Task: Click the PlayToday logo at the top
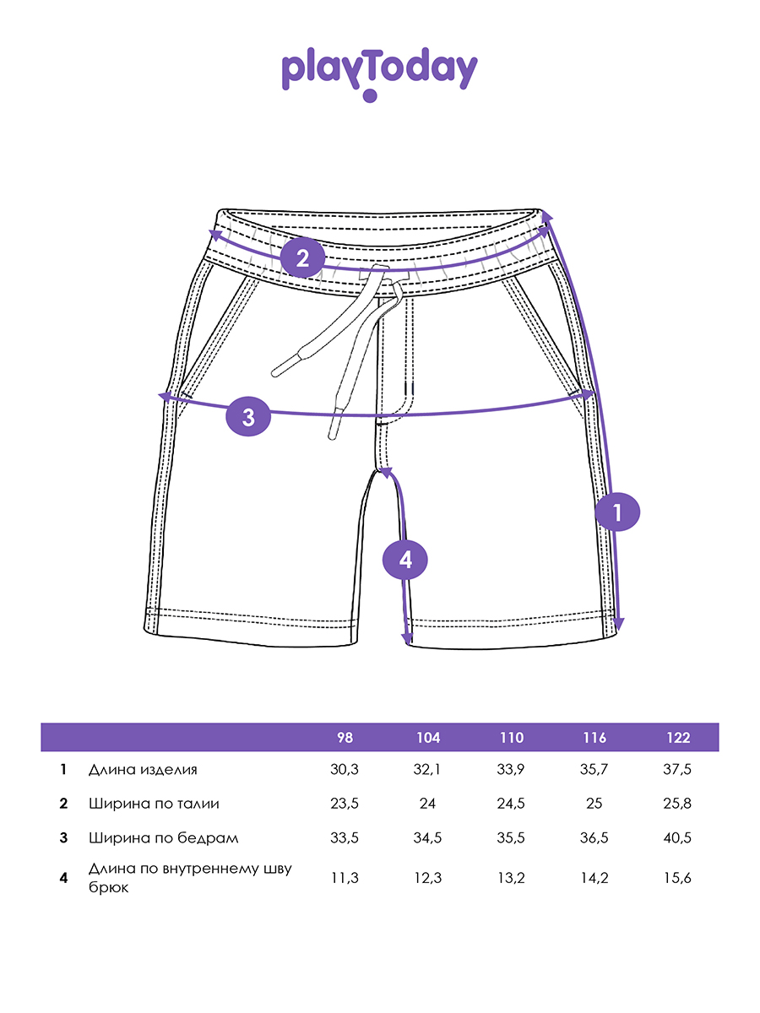(x=379, y=73)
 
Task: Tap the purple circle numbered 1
(x=617, y=512)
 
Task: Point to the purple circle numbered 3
(x=248, y=416)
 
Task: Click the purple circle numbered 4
(x=406, y=559)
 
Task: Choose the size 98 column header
(x=345, y=738)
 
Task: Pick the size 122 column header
(x=677, y=738)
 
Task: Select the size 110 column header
(x=511, y=738)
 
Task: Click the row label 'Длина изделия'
(x=143, y=770)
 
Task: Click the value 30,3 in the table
(x=345, y=770)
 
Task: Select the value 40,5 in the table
(x=677, y=838)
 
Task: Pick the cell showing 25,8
(x=677, y=804)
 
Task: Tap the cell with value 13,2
(x=511, y=878)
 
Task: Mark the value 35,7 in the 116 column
(x=594, y=770)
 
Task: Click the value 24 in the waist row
(x=428, y=804)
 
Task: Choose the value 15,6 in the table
(x=677, y=878)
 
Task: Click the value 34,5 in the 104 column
(x=428, y=838)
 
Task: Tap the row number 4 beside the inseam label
(x=63, y=878)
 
